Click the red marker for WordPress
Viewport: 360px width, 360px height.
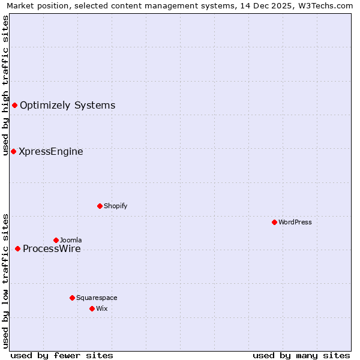point(274,222)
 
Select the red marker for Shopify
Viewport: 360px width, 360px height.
point(100,206)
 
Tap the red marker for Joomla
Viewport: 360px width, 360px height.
point(56,240)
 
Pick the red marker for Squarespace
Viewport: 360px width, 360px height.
point(72,298)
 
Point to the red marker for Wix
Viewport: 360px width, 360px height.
point(92,308)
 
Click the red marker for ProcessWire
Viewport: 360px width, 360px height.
point(17,248)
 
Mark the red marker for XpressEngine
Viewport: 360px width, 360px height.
point(13,151)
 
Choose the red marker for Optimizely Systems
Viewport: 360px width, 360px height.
point(14,106)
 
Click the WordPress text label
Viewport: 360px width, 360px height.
point(295,222)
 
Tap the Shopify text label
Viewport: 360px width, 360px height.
point(116,206)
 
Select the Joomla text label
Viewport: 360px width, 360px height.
point(71,240)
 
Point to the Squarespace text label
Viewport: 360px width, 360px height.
point(97,298)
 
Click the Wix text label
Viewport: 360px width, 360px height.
point(102,308)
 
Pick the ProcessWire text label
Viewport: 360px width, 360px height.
point(52,249)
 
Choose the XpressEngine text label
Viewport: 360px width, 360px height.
point(51,152)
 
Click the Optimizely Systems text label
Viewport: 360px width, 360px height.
point(68,106)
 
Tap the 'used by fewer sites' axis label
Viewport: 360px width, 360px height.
point(62,355)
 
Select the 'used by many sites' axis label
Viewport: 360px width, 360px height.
point(301,355)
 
